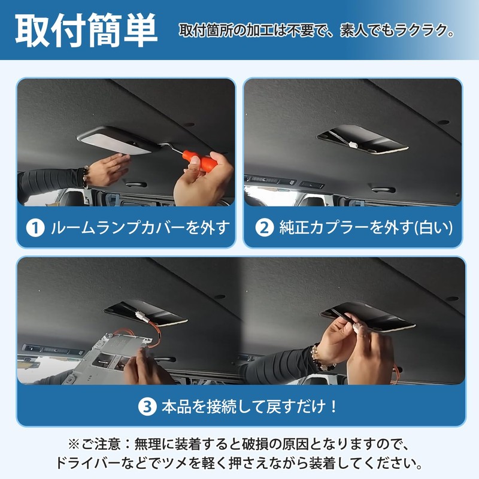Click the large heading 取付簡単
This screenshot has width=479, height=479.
86,31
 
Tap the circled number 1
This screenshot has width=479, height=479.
35,228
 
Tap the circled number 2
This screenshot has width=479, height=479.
265,228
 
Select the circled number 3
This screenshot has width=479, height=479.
147,407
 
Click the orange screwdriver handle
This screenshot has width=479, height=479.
200,160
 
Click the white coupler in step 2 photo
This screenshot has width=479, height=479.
353,144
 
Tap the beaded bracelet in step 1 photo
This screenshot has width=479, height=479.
86,177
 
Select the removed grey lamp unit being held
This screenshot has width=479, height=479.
101,357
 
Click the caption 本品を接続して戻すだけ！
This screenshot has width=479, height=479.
249,407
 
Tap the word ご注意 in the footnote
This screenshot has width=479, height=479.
101,444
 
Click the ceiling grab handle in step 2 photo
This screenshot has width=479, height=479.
383,189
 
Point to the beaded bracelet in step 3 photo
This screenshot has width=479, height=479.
322,357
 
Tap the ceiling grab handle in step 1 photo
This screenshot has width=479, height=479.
136,184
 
